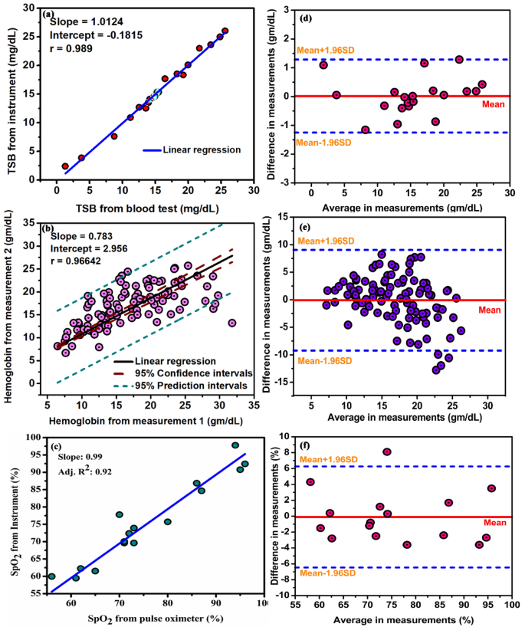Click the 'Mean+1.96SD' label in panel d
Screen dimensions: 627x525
[322, 51]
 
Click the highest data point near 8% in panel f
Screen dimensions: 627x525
[387, 452]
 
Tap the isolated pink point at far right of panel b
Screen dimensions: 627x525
[232, 323]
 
